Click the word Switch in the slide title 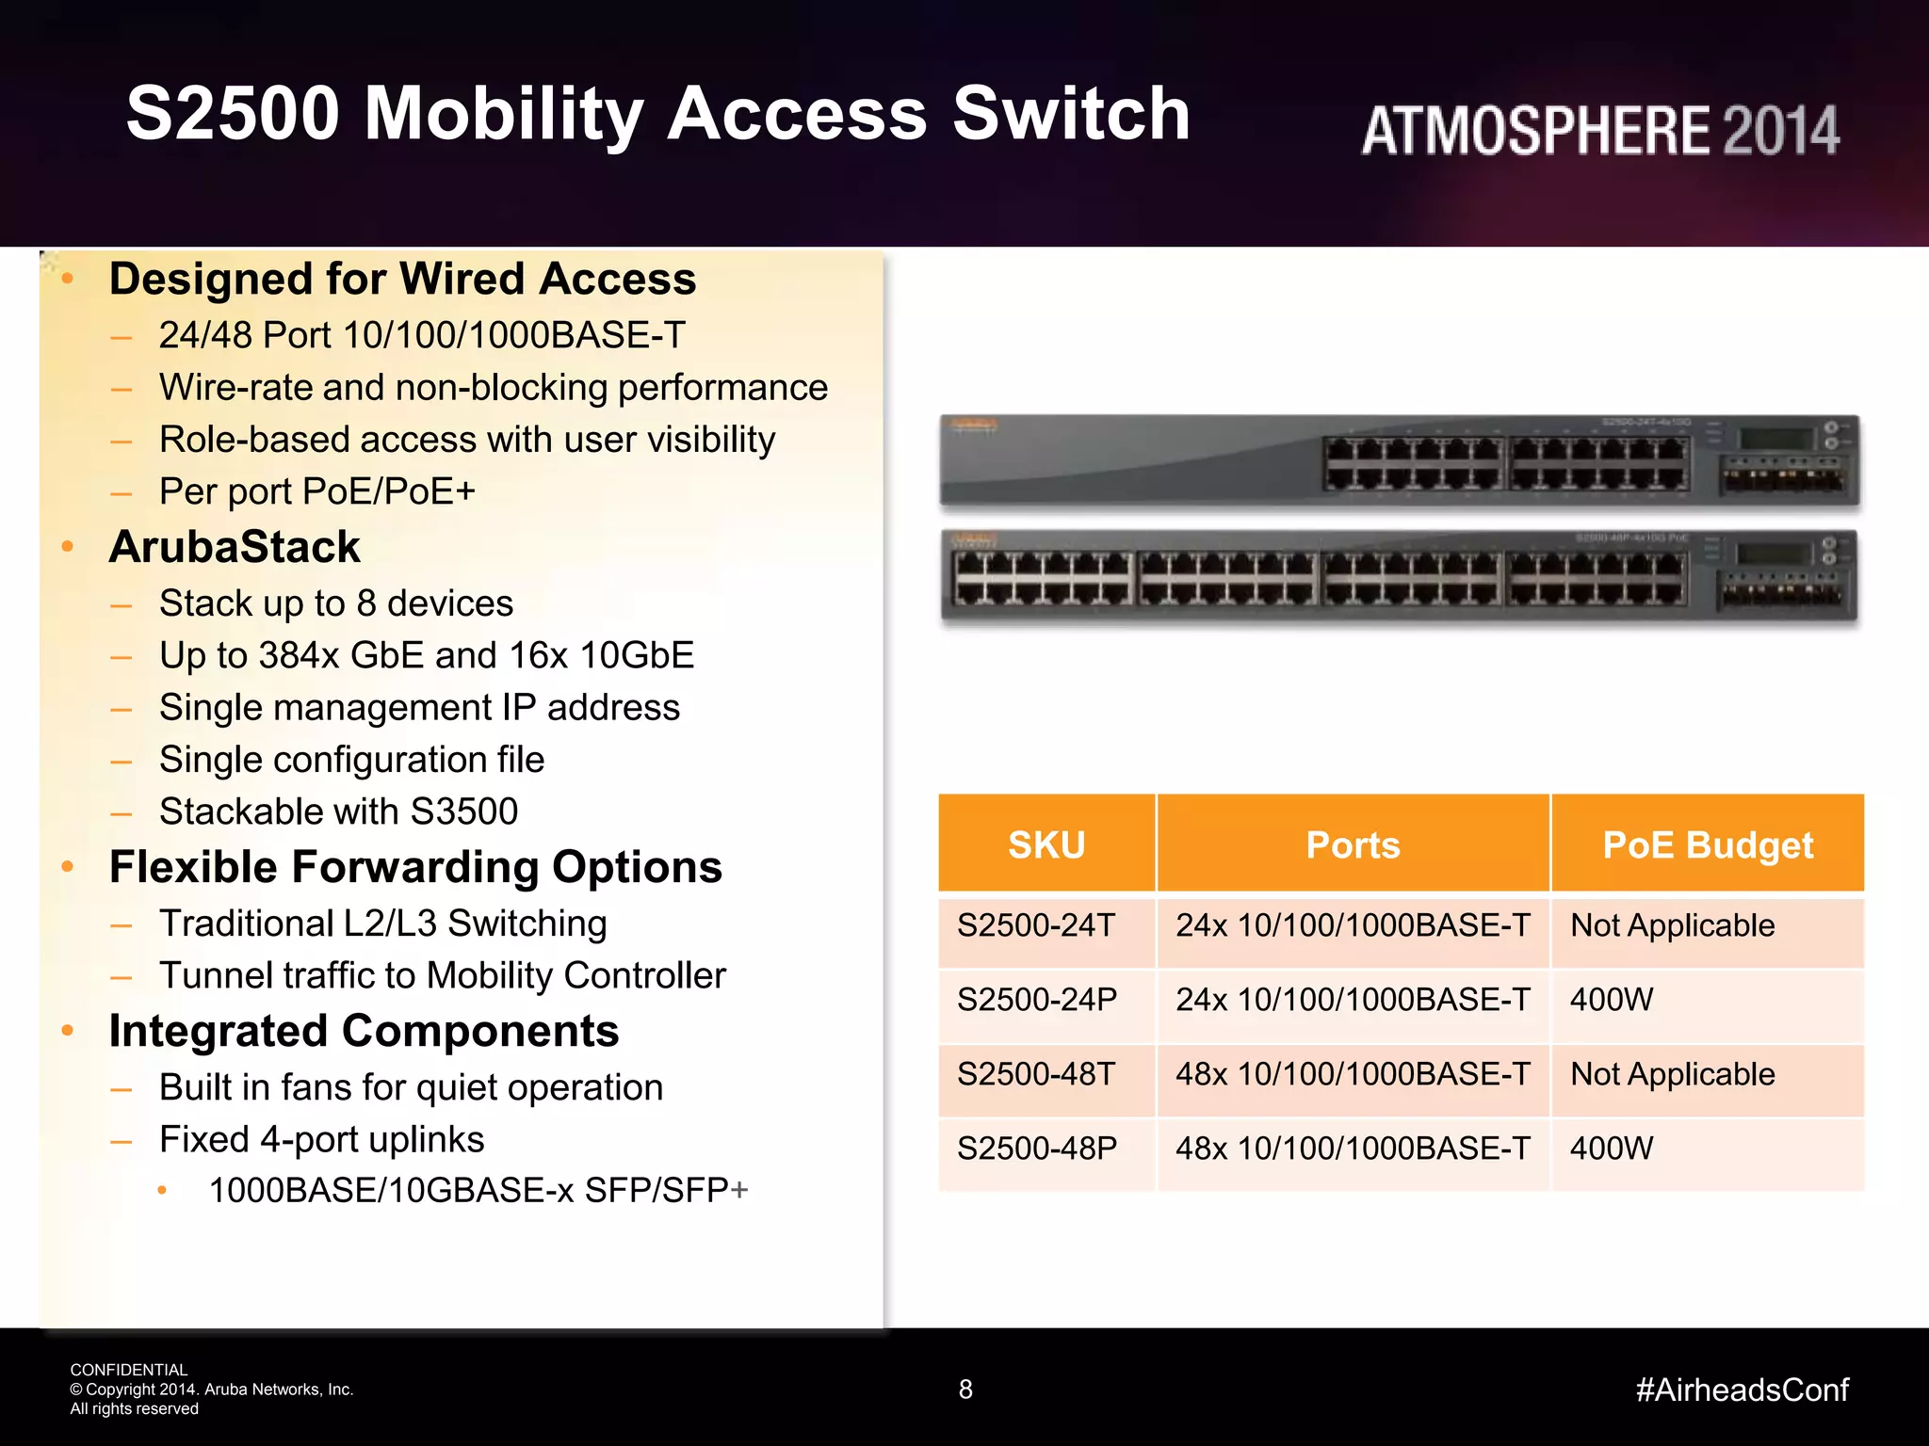(1071, 113)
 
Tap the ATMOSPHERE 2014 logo (1599, 130)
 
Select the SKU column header (1046, 844)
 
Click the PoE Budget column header (1707, 844)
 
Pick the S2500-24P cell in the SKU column (1037, 999)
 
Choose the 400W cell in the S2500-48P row (1612, 1148)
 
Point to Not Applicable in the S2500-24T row (1672, 925)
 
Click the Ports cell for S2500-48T (1353, 1074)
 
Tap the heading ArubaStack (235, 547)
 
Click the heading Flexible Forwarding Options (415, 867)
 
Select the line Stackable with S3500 (338, 811)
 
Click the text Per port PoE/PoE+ (317, 491)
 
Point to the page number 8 (965, 1390)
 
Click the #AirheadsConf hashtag (1742, 1390)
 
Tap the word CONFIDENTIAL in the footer (129, 1370)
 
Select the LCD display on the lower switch (1775, 554)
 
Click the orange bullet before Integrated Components (68, 1031)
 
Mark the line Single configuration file (351, 760)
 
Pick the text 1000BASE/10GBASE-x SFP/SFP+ (478, 1190)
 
